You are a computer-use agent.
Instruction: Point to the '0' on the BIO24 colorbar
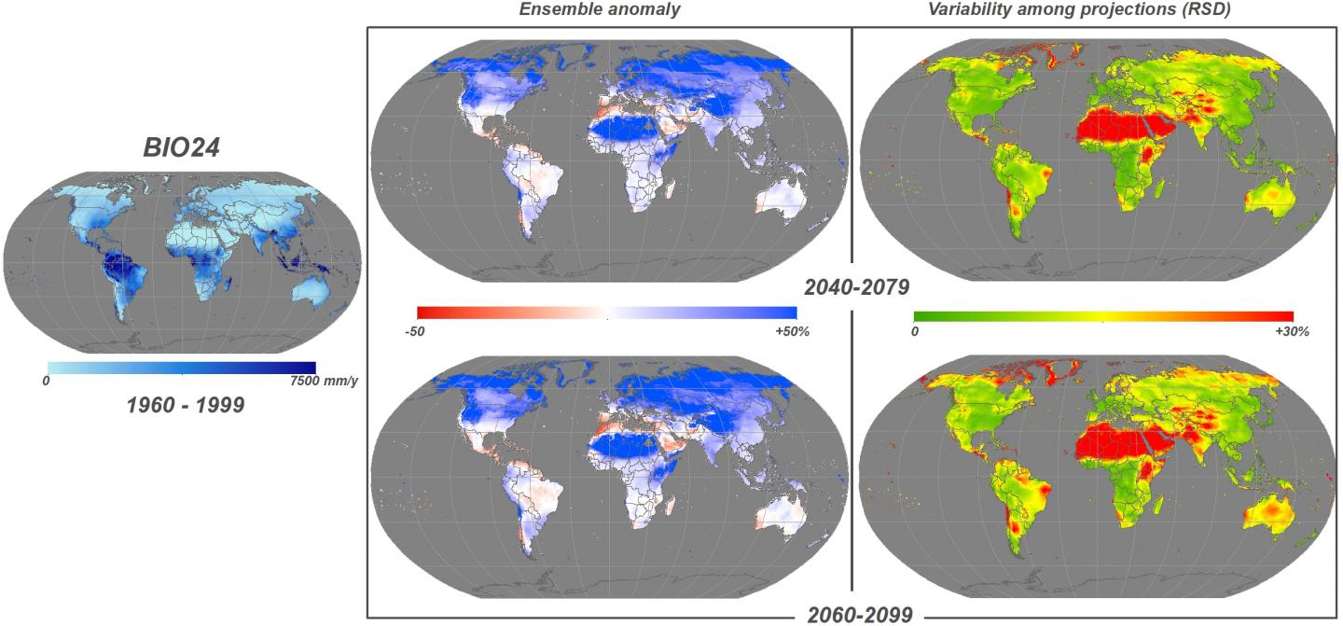click(47, 381)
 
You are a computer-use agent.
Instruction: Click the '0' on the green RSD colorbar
click(916, 331)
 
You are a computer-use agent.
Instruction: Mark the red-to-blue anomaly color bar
click(607, 313)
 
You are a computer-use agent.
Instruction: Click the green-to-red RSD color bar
click(1103, 314)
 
